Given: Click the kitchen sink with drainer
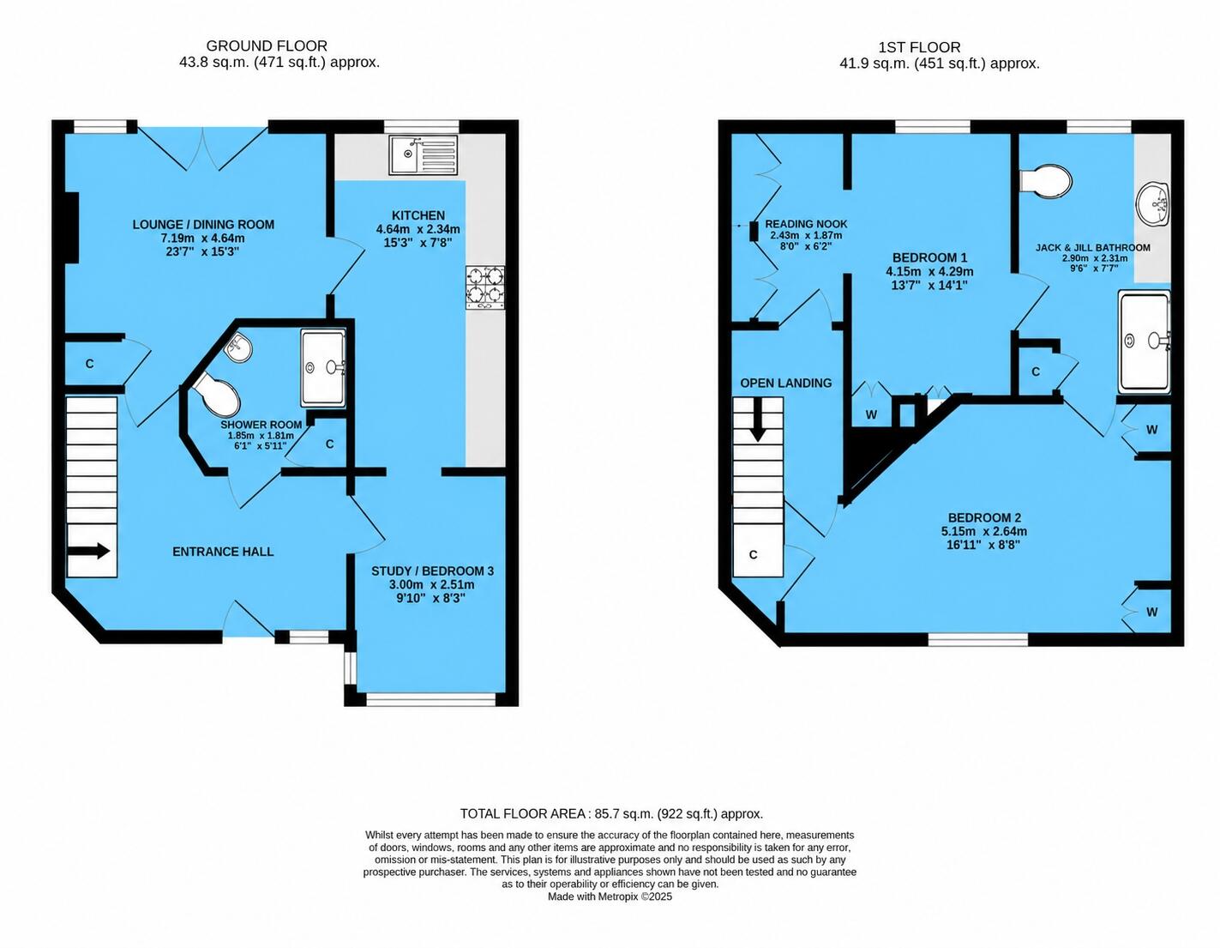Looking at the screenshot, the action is (x=424, y=154).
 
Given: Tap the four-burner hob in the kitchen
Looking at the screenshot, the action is (x=484, y=287).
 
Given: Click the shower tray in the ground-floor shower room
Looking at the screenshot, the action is (x=323, y=368).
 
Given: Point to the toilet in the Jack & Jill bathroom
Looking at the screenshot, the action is (x=1045, y=181).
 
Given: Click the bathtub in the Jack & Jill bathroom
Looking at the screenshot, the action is (x=1145, y=341).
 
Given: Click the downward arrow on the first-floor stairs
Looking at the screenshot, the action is (x=759, y=420).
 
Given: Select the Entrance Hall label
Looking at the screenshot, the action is (x=223, y=552).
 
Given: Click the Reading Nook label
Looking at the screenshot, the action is (x=806, y=224).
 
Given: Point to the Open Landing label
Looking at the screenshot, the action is (x=786, y=383).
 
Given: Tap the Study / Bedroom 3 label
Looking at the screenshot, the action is (x=432, y=571).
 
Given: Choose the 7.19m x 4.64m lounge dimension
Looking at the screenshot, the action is (x=202, y=239).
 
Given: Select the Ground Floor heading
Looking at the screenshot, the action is (x=267, y=46).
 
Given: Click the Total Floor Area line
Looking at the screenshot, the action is (x=611, y=814).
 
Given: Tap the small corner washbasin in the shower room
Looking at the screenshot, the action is (x=239, y=347).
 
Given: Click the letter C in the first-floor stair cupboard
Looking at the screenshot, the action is (x=754, y=555).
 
